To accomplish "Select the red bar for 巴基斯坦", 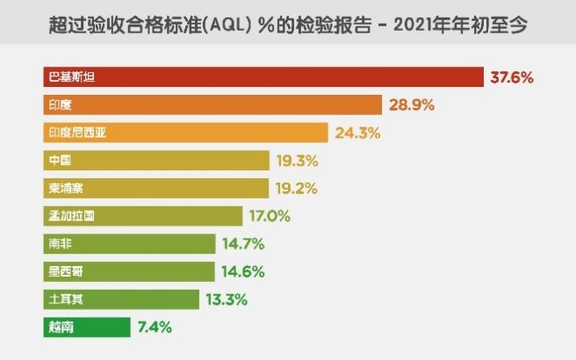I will [x=263, y=77].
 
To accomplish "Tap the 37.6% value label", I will [x=512, y=77].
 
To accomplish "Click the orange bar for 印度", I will [x=212, y=104].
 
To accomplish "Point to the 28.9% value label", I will [x=413, y=105].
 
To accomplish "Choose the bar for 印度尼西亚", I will [x=186, y=133].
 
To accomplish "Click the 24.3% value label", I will [x=357, y=133].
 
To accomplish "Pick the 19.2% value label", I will [x=295, y=188].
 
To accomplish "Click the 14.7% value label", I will [x=242, y=244].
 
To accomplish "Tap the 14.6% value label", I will [x=242, y=271].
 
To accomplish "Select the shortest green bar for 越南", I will [x=86, y=328].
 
